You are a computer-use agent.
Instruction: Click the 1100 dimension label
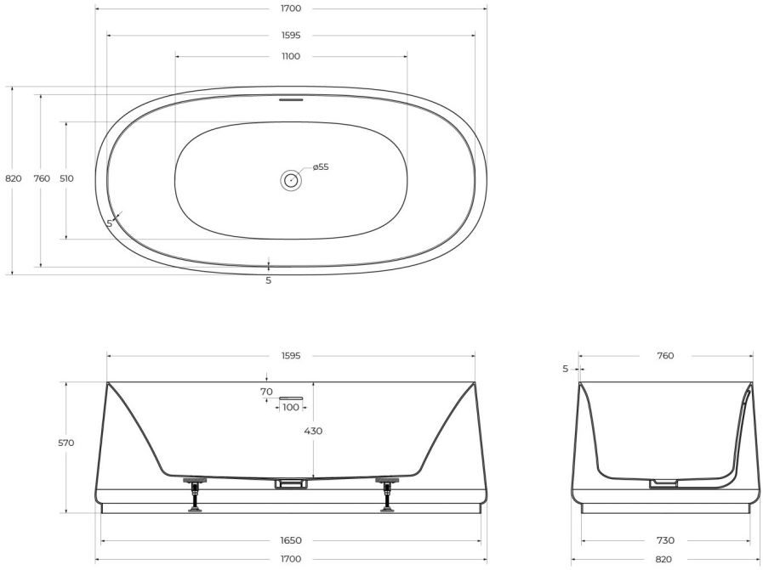291,56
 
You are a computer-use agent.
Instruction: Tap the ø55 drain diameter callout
321,166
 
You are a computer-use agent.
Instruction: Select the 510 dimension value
66,178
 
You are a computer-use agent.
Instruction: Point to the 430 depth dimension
313,431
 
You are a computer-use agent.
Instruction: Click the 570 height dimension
65,443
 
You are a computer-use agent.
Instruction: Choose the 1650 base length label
291,540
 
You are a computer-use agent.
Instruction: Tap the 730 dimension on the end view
665,540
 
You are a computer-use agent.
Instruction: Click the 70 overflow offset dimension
266,391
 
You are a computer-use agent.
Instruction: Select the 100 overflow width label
291,407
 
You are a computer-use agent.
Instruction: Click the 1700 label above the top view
291,8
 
